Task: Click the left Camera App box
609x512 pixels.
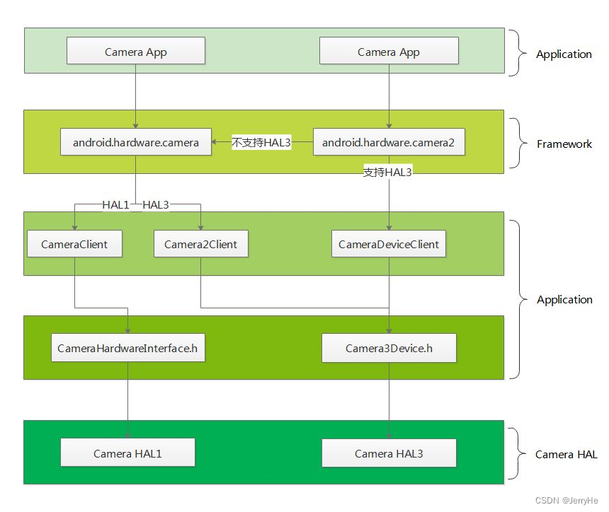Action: [x=136, y=52]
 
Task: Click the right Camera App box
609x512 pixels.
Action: [x=389, y=52]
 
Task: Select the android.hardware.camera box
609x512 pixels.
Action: [x=135, y=142]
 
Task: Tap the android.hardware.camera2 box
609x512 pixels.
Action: [x=388, y=142]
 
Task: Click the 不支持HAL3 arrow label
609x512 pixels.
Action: [x=261, y=143]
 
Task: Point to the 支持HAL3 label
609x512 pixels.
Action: [x=387, y=173]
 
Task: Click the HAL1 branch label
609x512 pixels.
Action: [x=115, y=204]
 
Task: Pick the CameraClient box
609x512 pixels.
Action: [x=74, y=244]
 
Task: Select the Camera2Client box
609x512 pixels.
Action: [x=201, y=244]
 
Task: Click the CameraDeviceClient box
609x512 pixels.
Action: [x=389, y=244]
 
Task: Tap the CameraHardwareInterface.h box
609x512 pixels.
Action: [x=128, y=348]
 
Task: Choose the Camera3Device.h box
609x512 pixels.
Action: [x=389, y=348]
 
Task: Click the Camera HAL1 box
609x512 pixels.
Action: [x=127, y=453]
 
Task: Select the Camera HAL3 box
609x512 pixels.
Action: [x=389, y=453]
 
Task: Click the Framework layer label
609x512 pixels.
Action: [x=564, y=144]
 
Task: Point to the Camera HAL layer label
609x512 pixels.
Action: [x=567, y=454]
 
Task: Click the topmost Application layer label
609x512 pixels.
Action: [x=564, y=54]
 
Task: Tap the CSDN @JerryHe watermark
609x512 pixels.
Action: [x=567, y=500]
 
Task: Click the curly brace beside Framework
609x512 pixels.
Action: [x=522, y=144]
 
